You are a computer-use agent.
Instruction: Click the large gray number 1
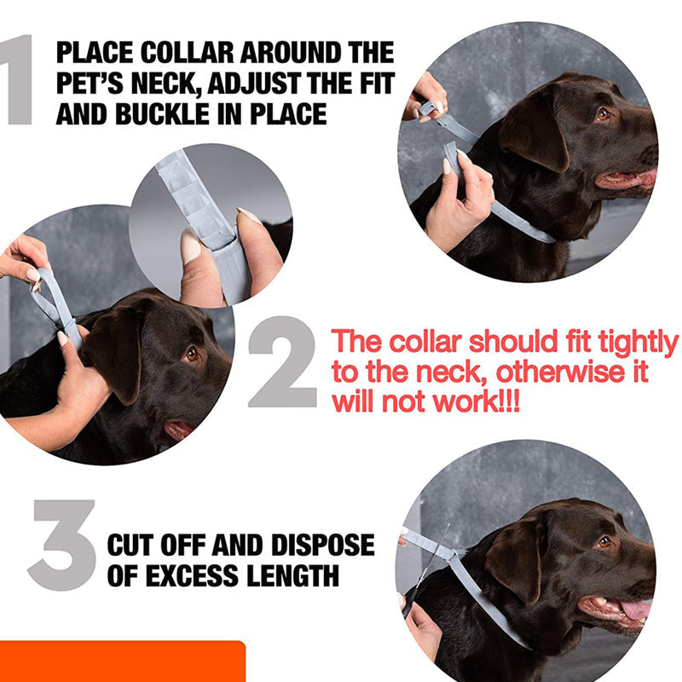[x=19, y=81]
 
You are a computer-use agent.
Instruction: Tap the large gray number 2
[x=283, y=362]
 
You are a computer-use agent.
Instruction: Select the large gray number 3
[x=61, y=546]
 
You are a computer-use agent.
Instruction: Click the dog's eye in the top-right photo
[x=604, y=113]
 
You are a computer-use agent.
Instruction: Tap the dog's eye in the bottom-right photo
[x=604, y=541]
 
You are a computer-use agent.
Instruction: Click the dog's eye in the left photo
[x=191, y=352]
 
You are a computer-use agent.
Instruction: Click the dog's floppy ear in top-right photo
[x=533, y=136]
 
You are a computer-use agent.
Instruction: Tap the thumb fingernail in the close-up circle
[x=190, y=246]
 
